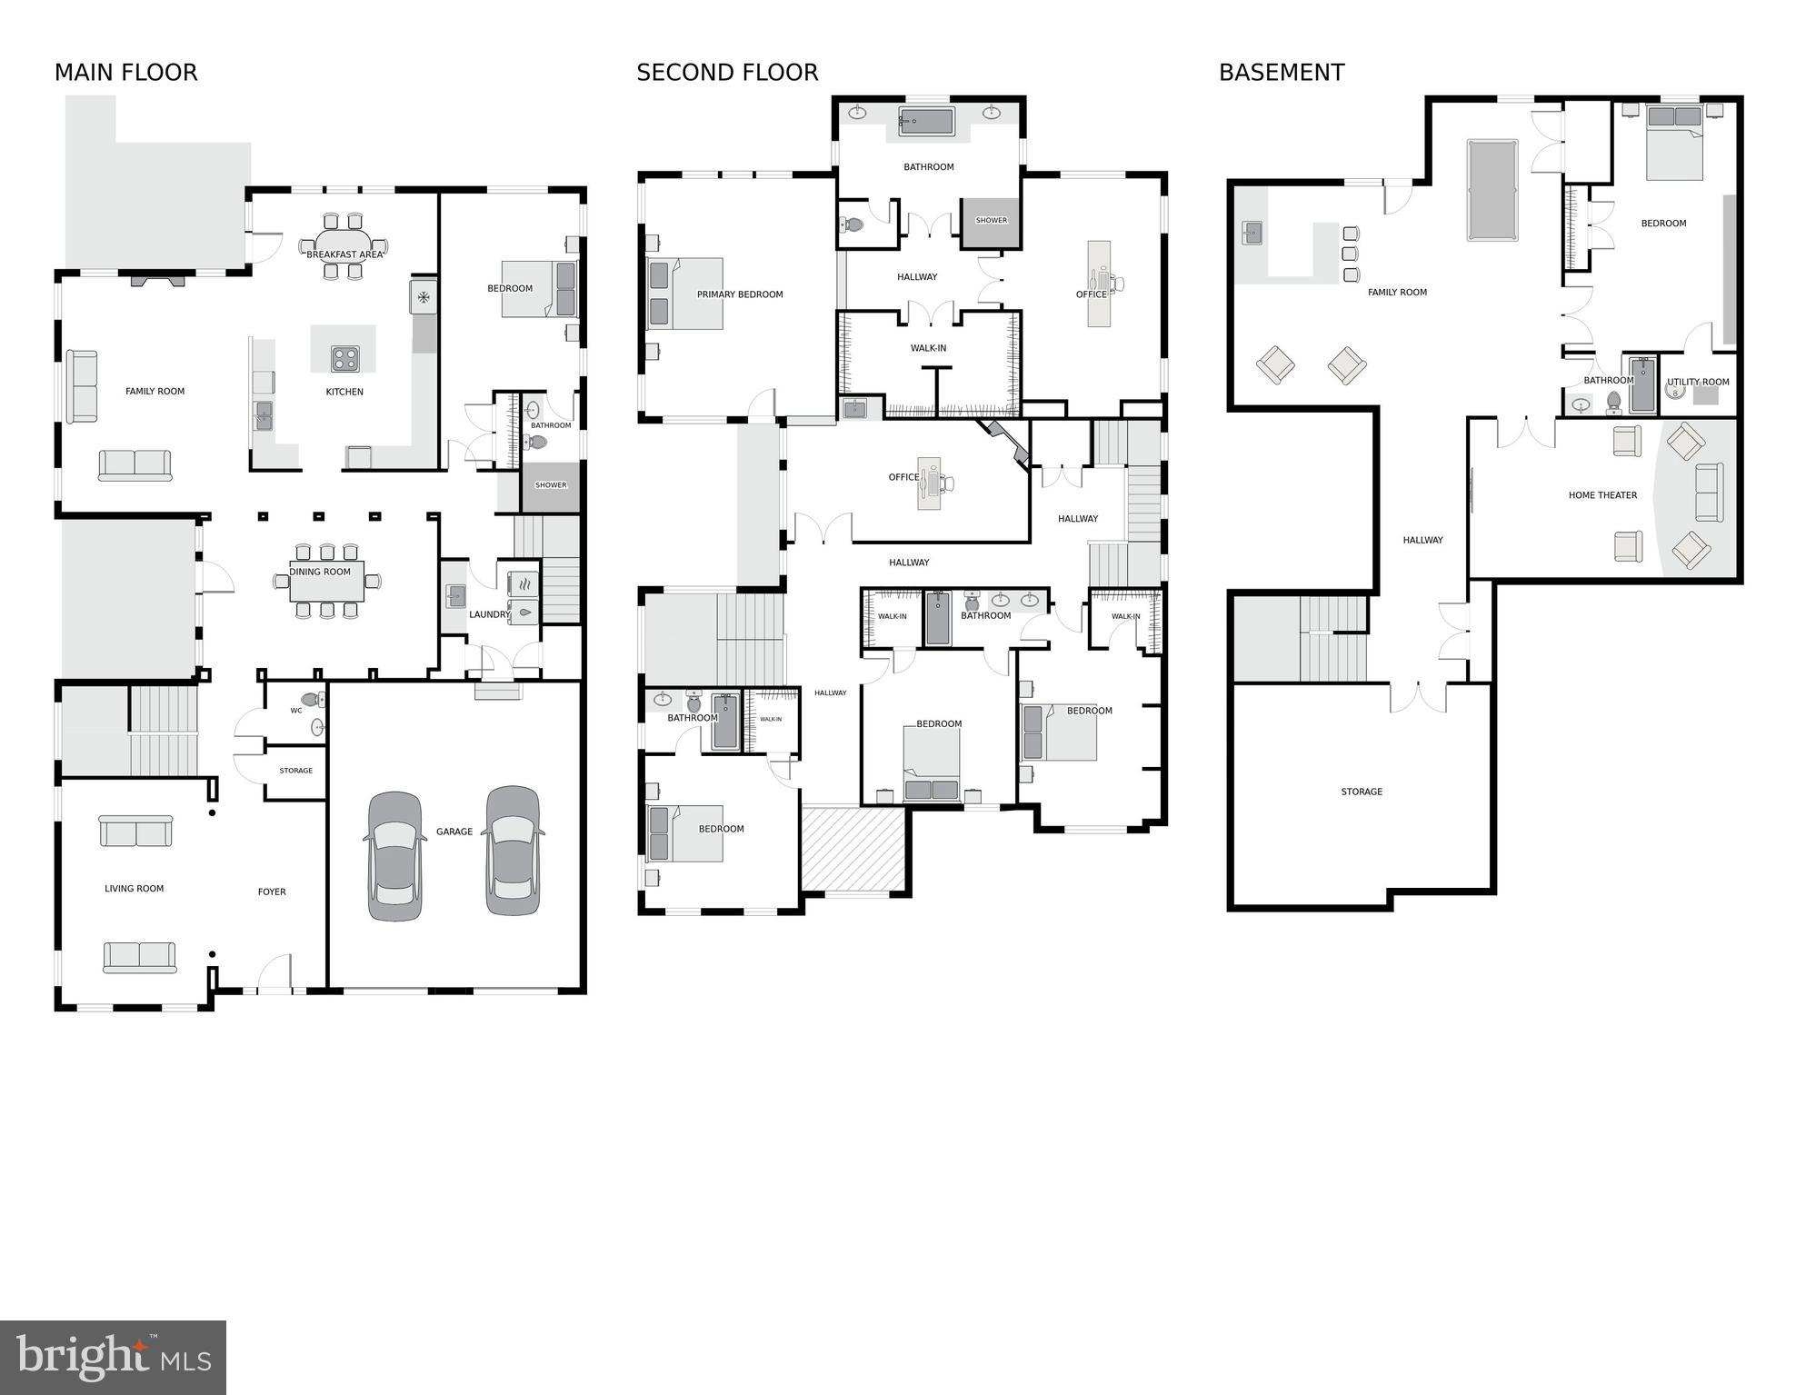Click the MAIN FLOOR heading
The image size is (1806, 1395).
point(125,73)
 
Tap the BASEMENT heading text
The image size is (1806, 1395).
point(1281,73)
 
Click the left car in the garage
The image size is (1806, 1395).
point(395,856)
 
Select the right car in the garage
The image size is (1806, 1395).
point(514,851)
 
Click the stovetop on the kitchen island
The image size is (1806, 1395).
point(344,358)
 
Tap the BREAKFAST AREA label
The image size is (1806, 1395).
point(344,254)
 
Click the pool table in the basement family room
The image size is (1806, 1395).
point(1492,189)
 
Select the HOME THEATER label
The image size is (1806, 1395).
point(1602,495)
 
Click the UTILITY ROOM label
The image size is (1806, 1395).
point(1698,382)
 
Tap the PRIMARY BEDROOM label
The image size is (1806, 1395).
point(740,294)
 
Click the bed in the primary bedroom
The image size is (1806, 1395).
point(683,294)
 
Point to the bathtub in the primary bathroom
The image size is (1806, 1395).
point(926,121)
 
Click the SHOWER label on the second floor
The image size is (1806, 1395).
point(991,220)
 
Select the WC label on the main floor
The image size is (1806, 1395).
point(296,711)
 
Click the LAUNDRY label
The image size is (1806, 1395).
point(489,614)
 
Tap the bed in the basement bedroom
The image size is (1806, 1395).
point(1674,143)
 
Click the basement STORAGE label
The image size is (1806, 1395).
point(1362,792)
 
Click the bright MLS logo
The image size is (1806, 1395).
point(113,1357)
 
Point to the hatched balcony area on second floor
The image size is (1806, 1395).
point(853,849)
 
